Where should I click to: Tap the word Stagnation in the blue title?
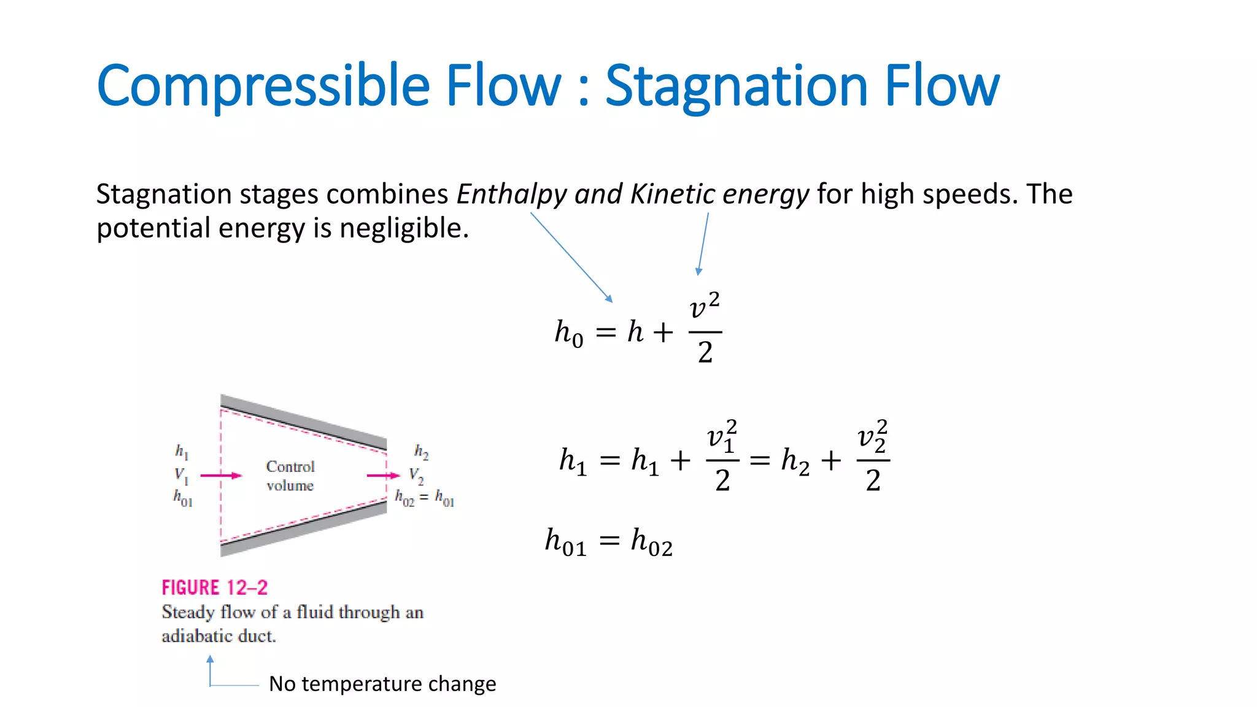pyautogui.click(x=734, y=87)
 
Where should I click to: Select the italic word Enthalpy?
pyautogui.click(x=512, y=195)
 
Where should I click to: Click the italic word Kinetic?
pyautogui.click(x=672, y=194)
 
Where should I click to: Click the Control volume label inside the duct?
pyautogui.click(x=290, y=476)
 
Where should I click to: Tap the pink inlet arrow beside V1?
pyautogui.click(x=221, y=475)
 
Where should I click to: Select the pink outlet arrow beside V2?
pyautogui.click(x=383, y=475)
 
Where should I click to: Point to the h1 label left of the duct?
pyautogui.click(x=182, y=452)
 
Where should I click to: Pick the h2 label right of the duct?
pyautogui.click(x=421, y=452)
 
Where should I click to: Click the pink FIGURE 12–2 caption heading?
pyautogui.click(x=215, y=587)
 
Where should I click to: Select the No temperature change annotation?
pyautogui.click(x=382, y=684)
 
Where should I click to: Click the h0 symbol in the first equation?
pyautogui.click(x=569, y=333)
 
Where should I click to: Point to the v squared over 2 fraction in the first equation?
pyautogui.click(x=705, y=330)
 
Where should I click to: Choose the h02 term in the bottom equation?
pyautogui.click(x=652, y=543)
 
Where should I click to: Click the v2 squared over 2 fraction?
pyautogui.click(x=873, y=457)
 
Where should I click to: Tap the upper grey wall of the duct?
pyautogui.click(x=304, y=421)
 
